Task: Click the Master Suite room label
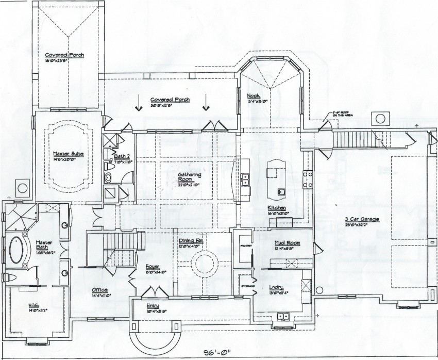click(x=68, y=153)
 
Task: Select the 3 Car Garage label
click(x=362, y=219)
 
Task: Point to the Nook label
click(x=253, y=96)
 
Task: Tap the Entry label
click(x=153, y=306)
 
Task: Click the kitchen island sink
click(x=281, y=192)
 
